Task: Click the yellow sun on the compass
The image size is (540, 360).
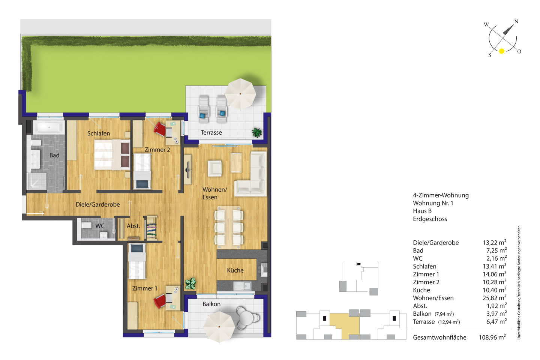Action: [502, 51]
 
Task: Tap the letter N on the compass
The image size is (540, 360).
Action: [516, 21]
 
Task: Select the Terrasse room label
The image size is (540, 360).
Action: [211, 132]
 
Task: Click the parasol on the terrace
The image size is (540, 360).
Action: [240, 93]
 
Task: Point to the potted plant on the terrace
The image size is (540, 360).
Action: [257, 132]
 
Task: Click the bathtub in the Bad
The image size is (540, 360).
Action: [49, 127]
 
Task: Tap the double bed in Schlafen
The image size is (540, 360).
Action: [112, 155]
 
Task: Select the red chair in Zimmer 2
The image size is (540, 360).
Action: [160, 129]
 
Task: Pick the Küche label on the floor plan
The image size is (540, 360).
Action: [235, 270]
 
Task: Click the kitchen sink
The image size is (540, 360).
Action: [242, 286]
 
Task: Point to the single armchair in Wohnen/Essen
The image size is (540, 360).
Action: [214, 168]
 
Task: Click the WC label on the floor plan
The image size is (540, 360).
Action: [100, 226]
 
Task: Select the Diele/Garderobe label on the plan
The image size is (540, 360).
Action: [97, 204]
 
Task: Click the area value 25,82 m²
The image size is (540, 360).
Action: [494, 298]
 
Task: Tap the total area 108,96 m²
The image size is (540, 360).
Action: [492, 337]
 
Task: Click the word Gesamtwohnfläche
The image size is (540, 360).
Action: [439, 337]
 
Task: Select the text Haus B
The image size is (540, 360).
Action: [422, 211]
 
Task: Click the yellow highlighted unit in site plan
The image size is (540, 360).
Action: [345, 324]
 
